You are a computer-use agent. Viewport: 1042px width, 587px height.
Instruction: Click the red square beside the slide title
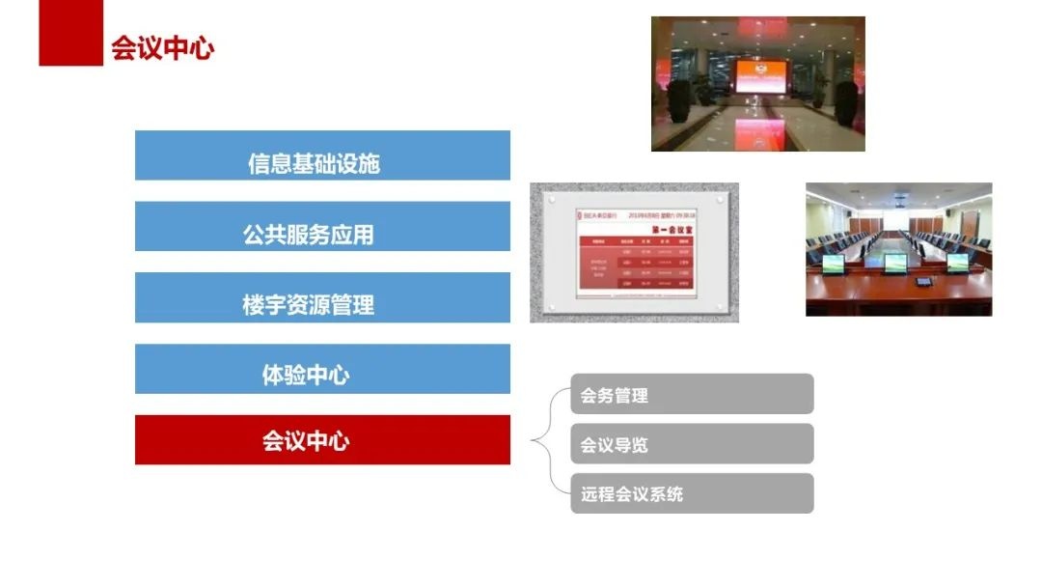(70, 34)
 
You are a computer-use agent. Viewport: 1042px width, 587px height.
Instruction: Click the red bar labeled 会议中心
(322, 440)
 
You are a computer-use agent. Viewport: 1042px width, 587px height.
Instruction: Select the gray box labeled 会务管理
(692, 394)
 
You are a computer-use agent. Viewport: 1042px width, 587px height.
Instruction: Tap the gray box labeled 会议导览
(692, 444)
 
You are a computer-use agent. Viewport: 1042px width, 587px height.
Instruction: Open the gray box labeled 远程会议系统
(692, 493)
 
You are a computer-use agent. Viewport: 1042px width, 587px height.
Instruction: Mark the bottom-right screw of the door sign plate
(715, 307)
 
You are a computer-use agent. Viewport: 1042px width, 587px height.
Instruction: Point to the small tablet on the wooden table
(922, 283)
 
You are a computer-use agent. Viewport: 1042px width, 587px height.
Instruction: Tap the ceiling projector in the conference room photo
(899, 200)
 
